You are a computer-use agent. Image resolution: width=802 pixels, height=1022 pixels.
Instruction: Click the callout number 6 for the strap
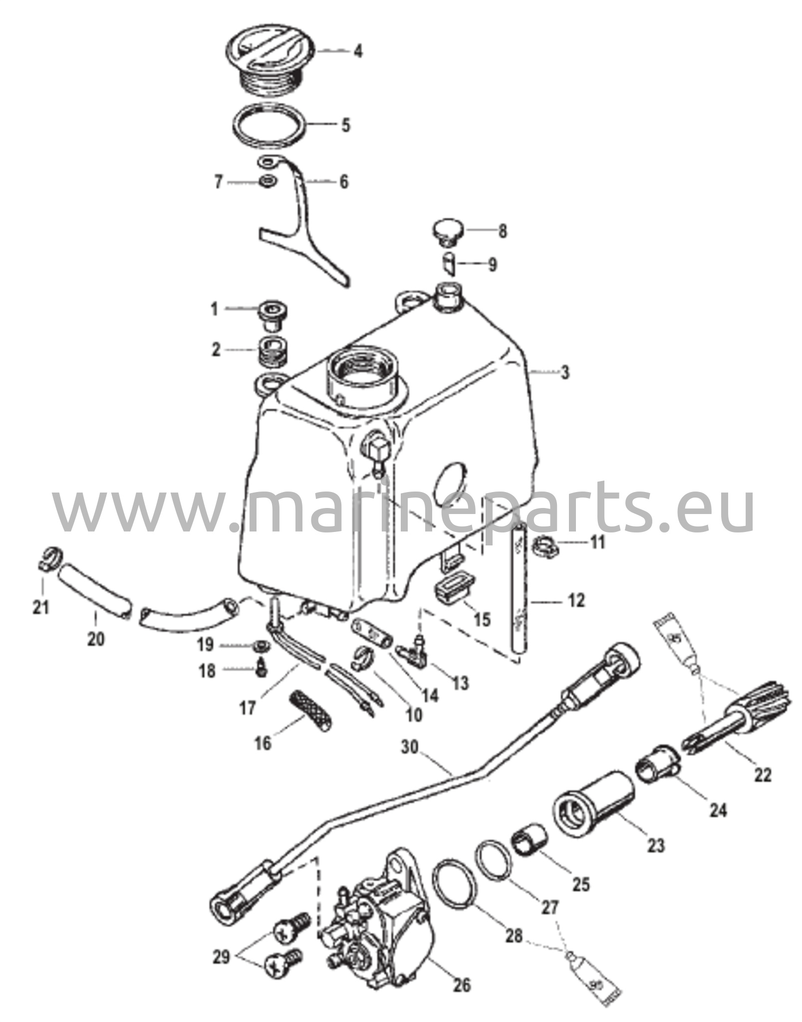(x=344, y=182)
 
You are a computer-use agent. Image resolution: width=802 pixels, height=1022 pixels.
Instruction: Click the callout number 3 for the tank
(x=564, y=373)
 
